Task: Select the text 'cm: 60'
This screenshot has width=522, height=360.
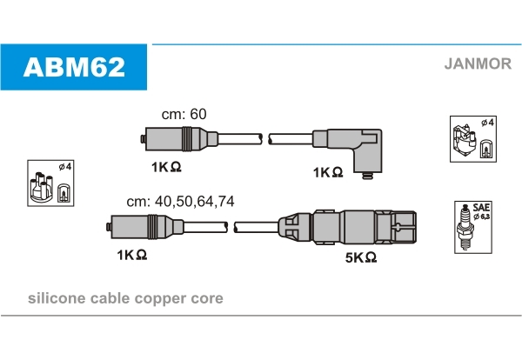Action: coord(184,114)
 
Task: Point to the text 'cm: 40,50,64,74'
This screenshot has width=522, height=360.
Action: coord(180,201)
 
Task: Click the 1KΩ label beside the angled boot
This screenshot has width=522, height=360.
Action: coord(327,172)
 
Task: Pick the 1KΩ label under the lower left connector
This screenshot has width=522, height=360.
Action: coord(131,254)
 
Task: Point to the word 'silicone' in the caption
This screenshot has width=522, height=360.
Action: coord(57,298)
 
